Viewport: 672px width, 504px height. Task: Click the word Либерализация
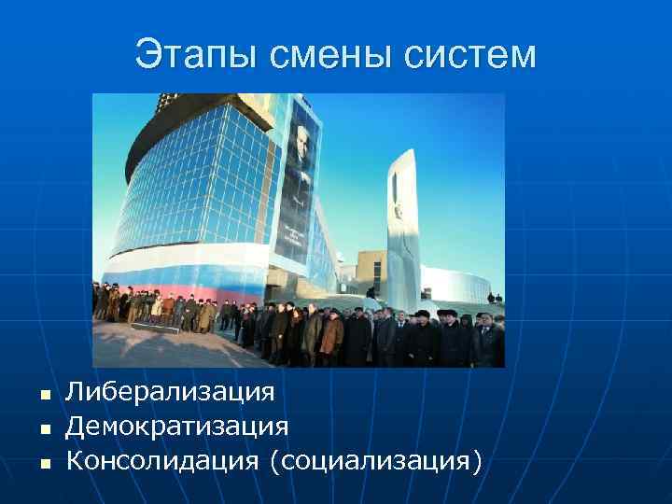coord(170,392)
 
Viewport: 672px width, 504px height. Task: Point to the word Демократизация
coord(176,427)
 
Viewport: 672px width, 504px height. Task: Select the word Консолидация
coord(162,460)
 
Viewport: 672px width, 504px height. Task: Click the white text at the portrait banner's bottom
coord(296,234)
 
